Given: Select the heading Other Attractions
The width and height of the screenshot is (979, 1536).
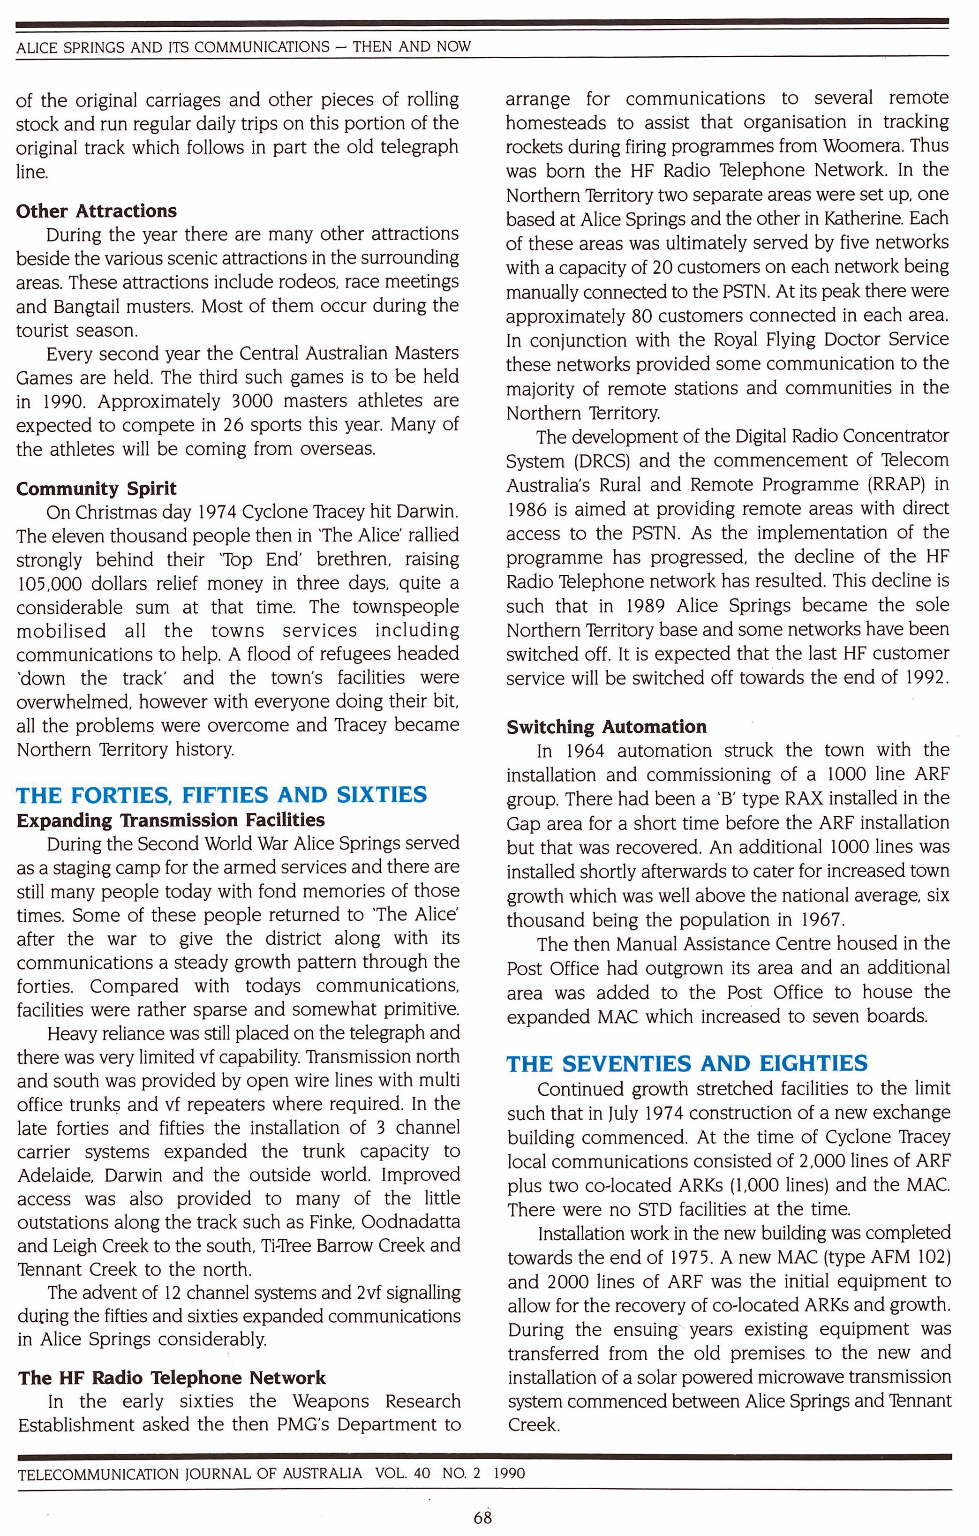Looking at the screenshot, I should [96, 211].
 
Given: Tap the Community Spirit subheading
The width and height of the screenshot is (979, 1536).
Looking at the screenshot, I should [96, 489].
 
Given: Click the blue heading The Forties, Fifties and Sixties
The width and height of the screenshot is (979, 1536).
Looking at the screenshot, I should [221, 795].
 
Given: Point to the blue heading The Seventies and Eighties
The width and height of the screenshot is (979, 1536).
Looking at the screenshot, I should [687, 1063].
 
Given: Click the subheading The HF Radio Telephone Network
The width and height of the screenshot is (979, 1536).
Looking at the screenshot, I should [172, 1378].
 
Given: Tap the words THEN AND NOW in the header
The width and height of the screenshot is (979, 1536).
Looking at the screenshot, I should [412, 46].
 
